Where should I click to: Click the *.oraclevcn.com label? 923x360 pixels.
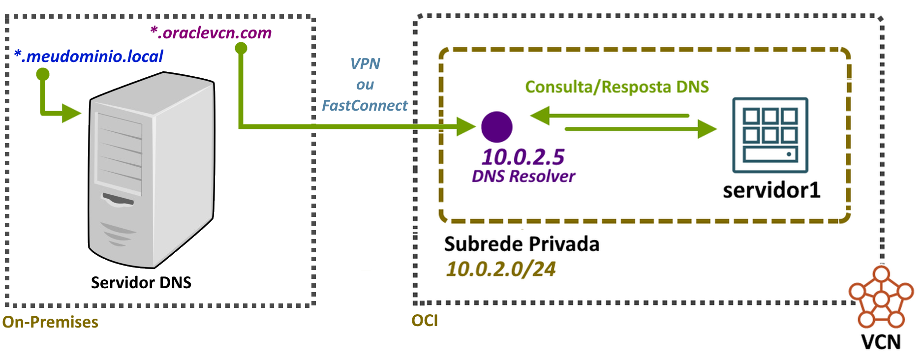[211, 33]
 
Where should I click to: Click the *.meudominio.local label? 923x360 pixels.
[89, 57]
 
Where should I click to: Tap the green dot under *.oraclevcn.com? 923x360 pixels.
[241, 48]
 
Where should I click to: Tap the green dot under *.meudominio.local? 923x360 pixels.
[43, 74]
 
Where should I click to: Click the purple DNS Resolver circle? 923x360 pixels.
[497, 127]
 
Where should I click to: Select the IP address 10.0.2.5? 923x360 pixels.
[523, 157]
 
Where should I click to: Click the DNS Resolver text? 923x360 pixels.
[523, 176]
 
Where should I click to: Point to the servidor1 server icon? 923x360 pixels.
[770, 135]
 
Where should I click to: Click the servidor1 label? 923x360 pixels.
[771, 190]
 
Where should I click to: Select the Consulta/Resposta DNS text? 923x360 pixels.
[617, 87]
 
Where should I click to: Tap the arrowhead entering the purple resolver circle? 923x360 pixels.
[465, 126]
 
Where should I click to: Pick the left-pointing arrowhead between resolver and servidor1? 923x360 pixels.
[540, 116]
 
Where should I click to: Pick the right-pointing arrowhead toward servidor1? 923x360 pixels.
[707, 129]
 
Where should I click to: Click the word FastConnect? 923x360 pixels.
[365, 106]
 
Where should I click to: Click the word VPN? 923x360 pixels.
[365, 64]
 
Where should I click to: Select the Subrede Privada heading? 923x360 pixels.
[522, 244]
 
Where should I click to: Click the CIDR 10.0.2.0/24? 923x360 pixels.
[501, 269]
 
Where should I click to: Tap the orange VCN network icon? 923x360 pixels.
[881, 299]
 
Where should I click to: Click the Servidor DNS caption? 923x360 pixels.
[141, 283]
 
